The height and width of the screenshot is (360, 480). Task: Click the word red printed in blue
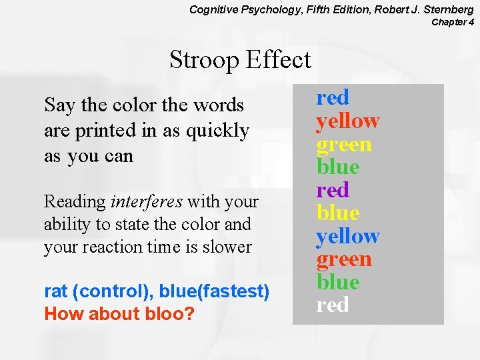(333, 98)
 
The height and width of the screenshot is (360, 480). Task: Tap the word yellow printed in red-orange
(347, 121)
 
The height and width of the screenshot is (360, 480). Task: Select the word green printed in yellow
(344, 145)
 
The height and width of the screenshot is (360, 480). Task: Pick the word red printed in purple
(333, 190)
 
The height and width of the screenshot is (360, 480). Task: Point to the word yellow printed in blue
(347, 236)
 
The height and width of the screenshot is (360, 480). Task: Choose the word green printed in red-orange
(344, 259)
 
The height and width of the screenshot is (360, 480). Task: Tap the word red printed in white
(333, 305)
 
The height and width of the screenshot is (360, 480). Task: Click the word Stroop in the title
(204, 60)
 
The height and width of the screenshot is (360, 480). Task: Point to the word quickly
(217, 130)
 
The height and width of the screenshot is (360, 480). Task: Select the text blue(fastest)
(221, 291)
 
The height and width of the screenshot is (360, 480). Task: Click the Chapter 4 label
(453, 22)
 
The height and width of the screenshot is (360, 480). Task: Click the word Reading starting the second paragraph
(75, 201)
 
